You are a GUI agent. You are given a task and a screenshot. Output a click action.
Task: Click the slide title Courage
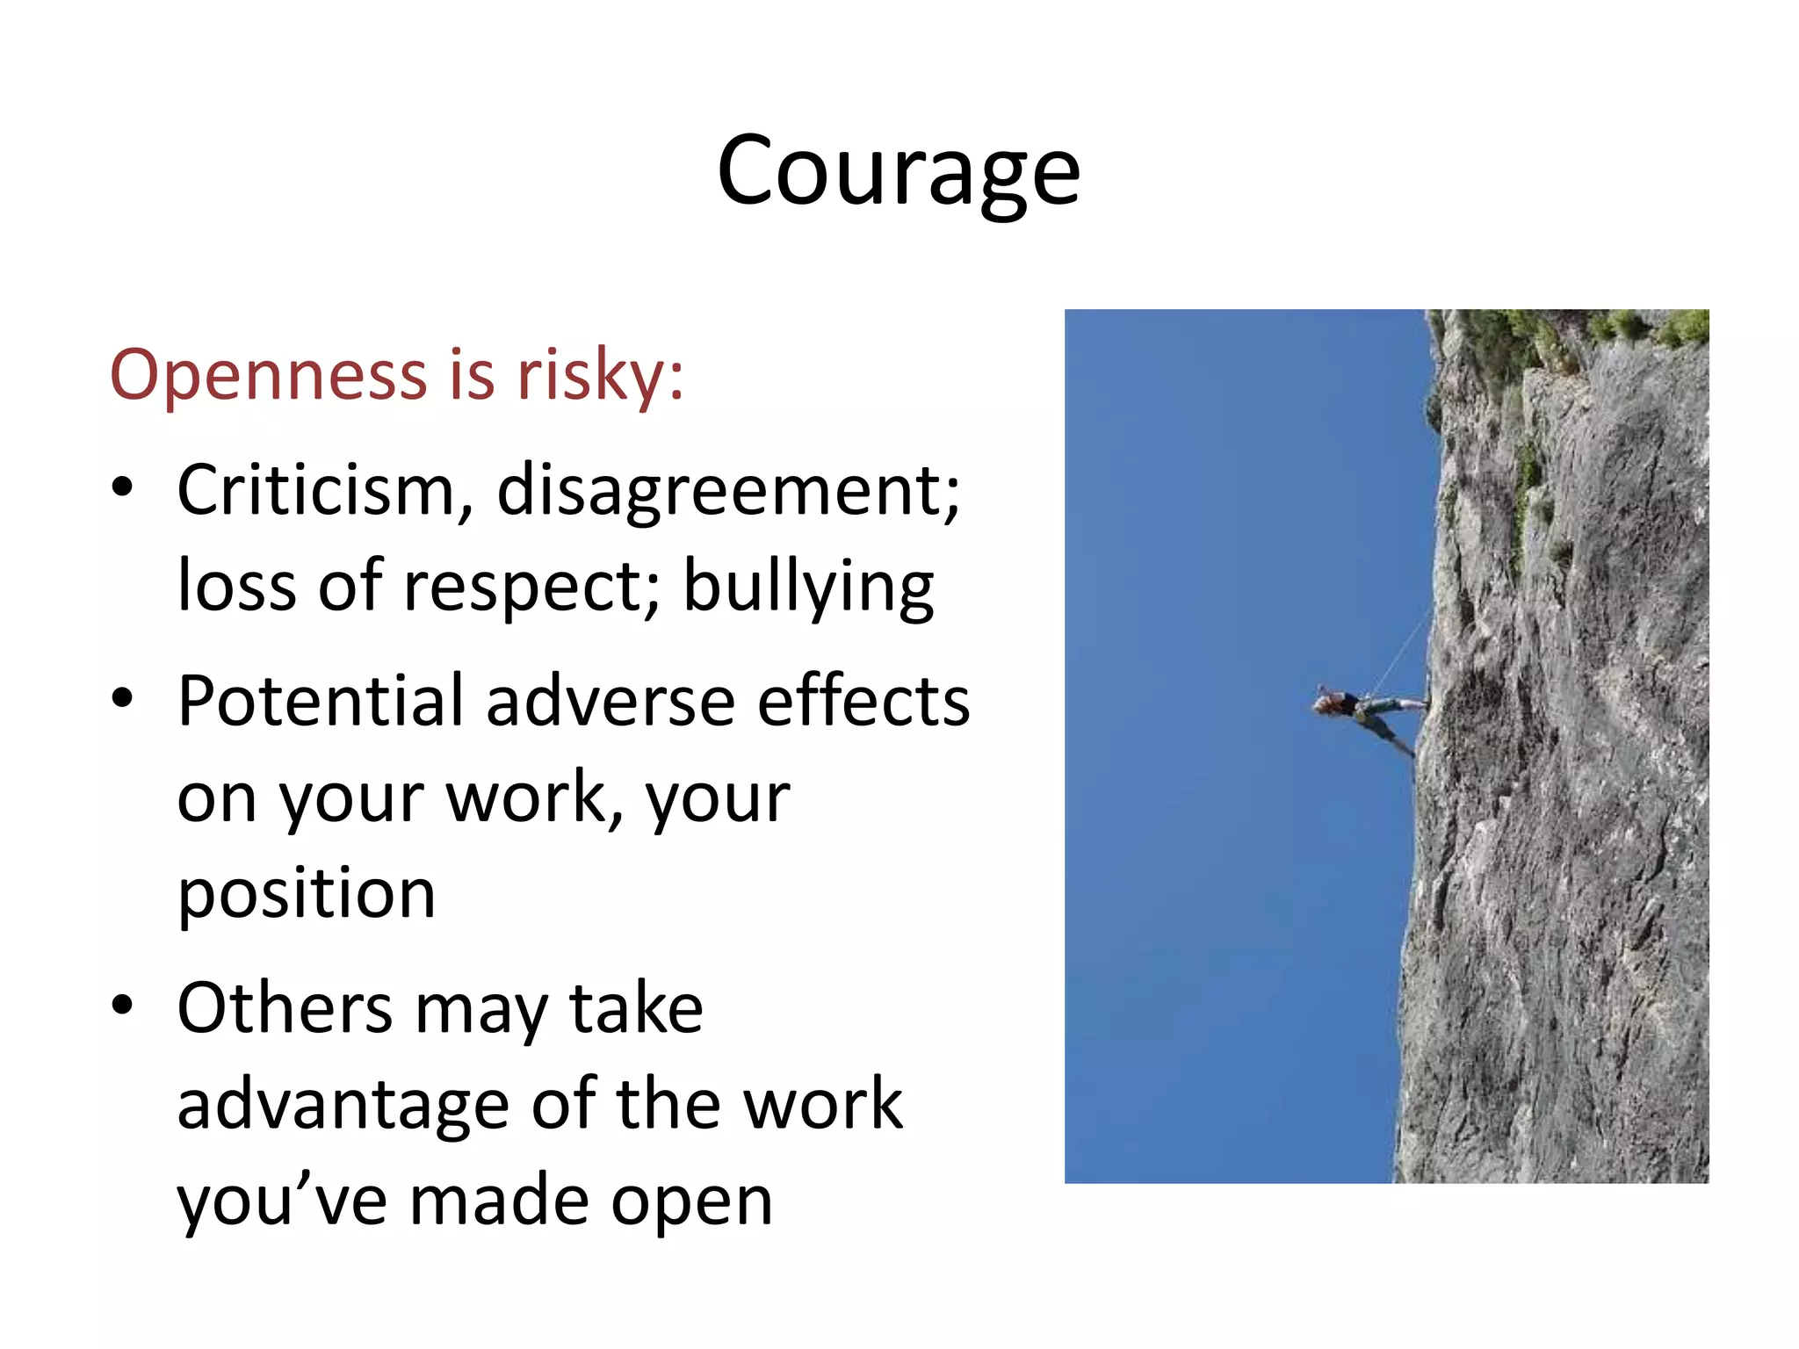[898, 171]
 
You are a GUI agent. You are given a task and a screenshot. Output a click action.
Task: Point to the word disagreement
[727, 490]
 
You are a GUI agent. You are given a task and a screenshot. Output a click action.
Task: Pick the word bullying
[808, 587]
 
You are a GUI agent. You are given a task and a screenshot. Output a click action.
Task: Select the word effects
[863, 701]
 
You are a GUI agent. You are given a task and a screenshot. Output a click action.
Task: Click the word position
[307, 894]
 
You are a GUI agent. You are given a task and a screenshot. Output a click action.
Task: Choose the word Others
[284, 1008]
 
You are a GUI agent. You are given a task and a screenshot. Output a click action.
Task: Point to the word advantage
[343, 1105]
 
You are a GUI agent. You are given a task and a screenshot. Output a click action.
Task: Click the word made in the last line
[499, 1201]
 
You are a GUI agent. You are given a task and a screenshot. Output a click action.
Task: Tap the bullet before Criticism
[122, 488]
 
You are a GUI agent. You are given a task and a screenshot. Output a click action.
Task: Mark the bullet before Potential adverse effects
[122, 699]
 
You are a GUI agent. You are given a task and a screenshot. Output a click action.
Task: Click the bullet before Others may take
[122, 1006]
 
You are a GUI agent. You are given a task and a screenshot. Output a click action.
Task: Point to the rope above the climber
[1403, 651]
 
